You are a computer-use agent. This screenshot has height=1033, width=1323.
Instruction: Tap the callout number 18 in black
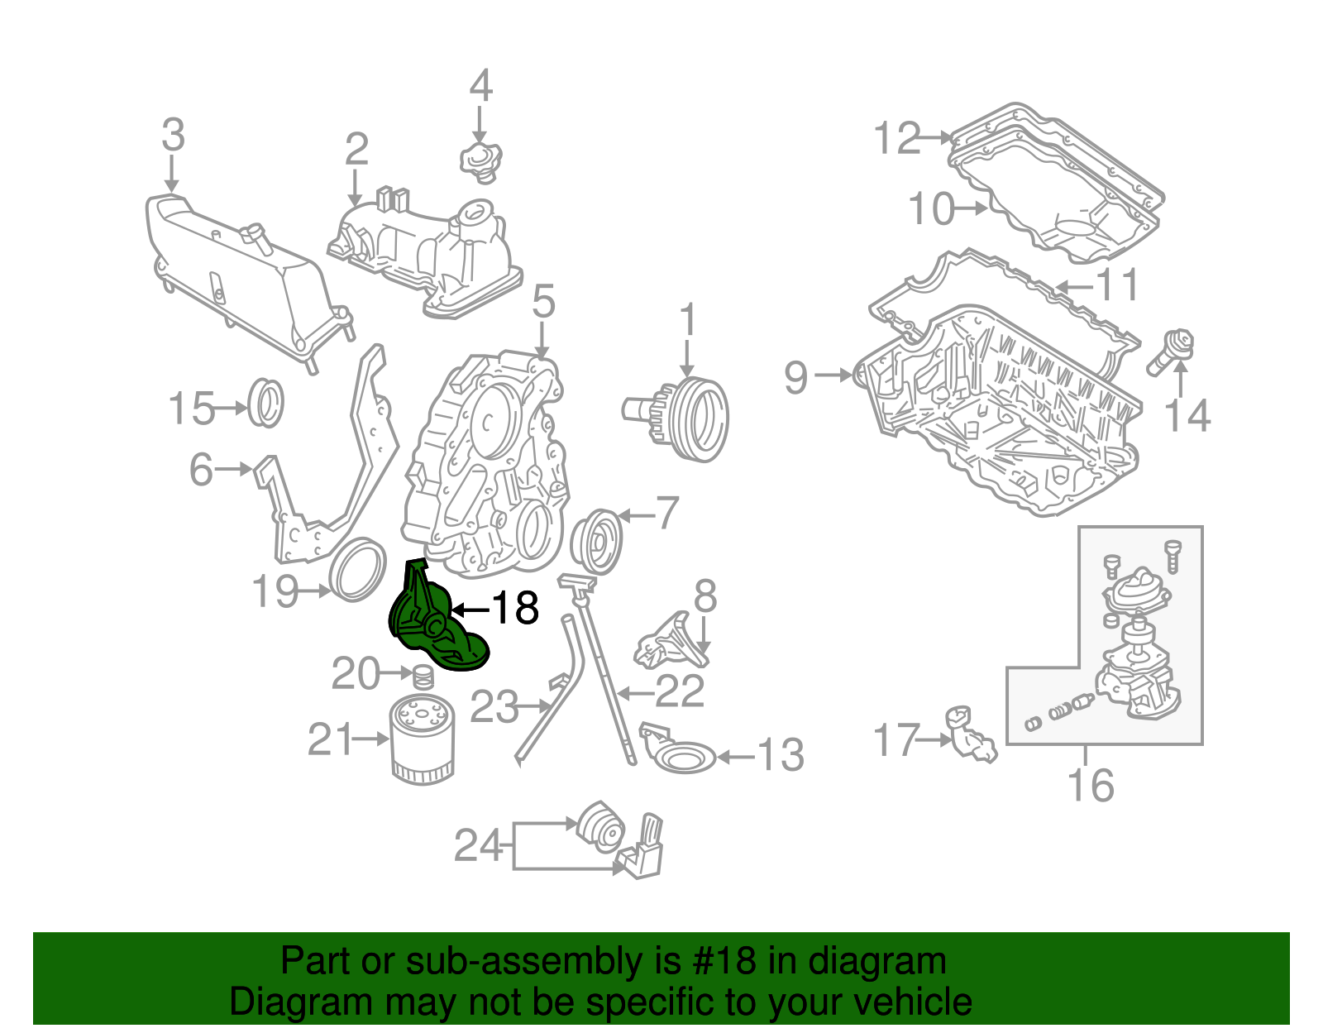coord(515,610)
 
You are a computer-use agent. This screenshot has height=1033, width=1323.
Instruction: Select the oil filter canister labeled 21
coord(422,738)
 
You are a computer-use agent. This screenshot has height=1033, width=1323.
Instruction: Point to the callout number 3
coord(172,136)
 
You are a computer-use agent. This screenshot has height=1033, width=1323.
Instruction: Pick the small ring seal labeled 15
coord(266,403)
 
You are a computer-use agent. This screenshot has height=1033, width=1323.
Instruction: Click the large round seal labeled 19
coord(358,568)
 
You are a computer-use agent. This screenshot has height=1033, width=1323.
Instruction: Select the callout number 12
coord(897,138)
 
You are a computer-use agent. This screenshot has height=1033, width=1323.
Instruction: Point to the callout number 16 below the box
coord(1090,784)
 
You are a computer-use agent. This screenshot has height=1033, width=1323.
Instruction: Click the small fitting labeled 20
coord(423,677)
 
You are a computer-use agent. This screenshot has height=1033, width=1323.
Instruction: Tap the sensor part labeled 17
coord(971,734)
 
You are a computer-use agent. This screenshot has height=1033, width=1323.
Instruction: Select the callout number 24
coord(478,846)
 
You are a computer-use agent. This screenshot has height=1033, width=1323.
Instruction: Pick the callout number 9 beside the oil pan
coord(795,377)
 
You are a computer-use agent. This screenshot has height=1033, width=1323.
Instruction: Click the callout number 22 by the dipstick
coord(680,691)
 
